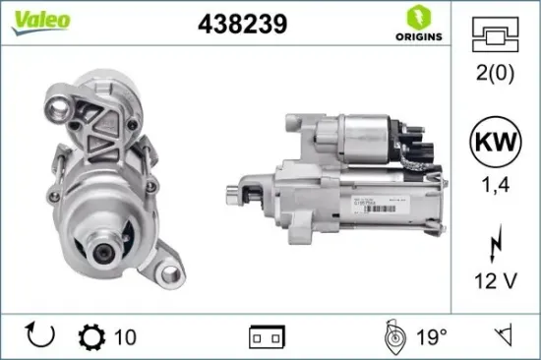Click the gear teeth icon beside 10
(x=91, y=337)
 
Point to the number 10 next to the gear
(x=125, y=337)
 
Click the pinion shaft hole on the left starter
(x=106, y=255)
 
